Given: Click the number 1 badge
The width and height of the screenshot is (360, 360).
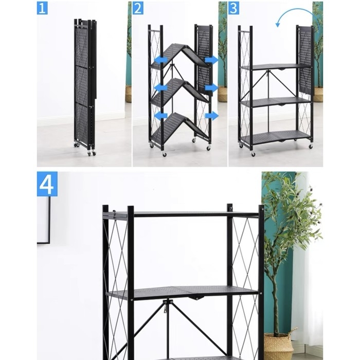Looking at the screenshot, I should pos(42,8).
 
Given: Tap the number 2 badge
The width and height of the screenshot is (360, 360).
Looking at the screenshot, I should pos(138,8).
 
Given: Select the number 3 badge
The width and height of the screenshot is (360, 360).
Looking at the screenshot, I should pos(233,8).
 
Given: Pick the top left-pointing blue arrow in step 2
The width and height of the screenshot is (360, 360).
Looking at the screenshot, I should pos(160,60).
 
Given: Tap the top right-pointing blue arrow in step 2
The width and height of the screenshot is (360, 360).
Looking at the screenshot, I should pos(211,60).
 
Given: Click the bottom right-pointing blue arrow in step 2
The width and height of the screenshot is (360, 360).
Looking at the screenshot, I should pos(211,116).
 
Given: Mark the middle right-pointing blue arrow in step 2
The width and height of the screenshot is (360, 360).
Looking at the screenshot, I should pos(211,87).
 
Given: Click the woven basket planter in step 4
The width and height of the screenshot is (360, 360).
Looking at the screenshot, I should pos(278,346).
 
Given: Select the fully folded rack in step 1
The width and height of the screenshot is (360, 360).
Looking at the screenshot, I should pos(84,85).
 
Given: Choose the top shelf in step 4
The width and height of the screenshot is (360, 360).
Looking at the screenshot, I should pos(180,213).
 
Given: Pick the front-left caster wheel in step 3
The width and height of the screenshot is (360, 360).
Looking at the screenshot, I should pos(253,153).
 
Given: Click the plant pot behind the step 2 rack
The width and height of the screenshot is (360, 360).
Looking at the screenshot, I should pos(222,94).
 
